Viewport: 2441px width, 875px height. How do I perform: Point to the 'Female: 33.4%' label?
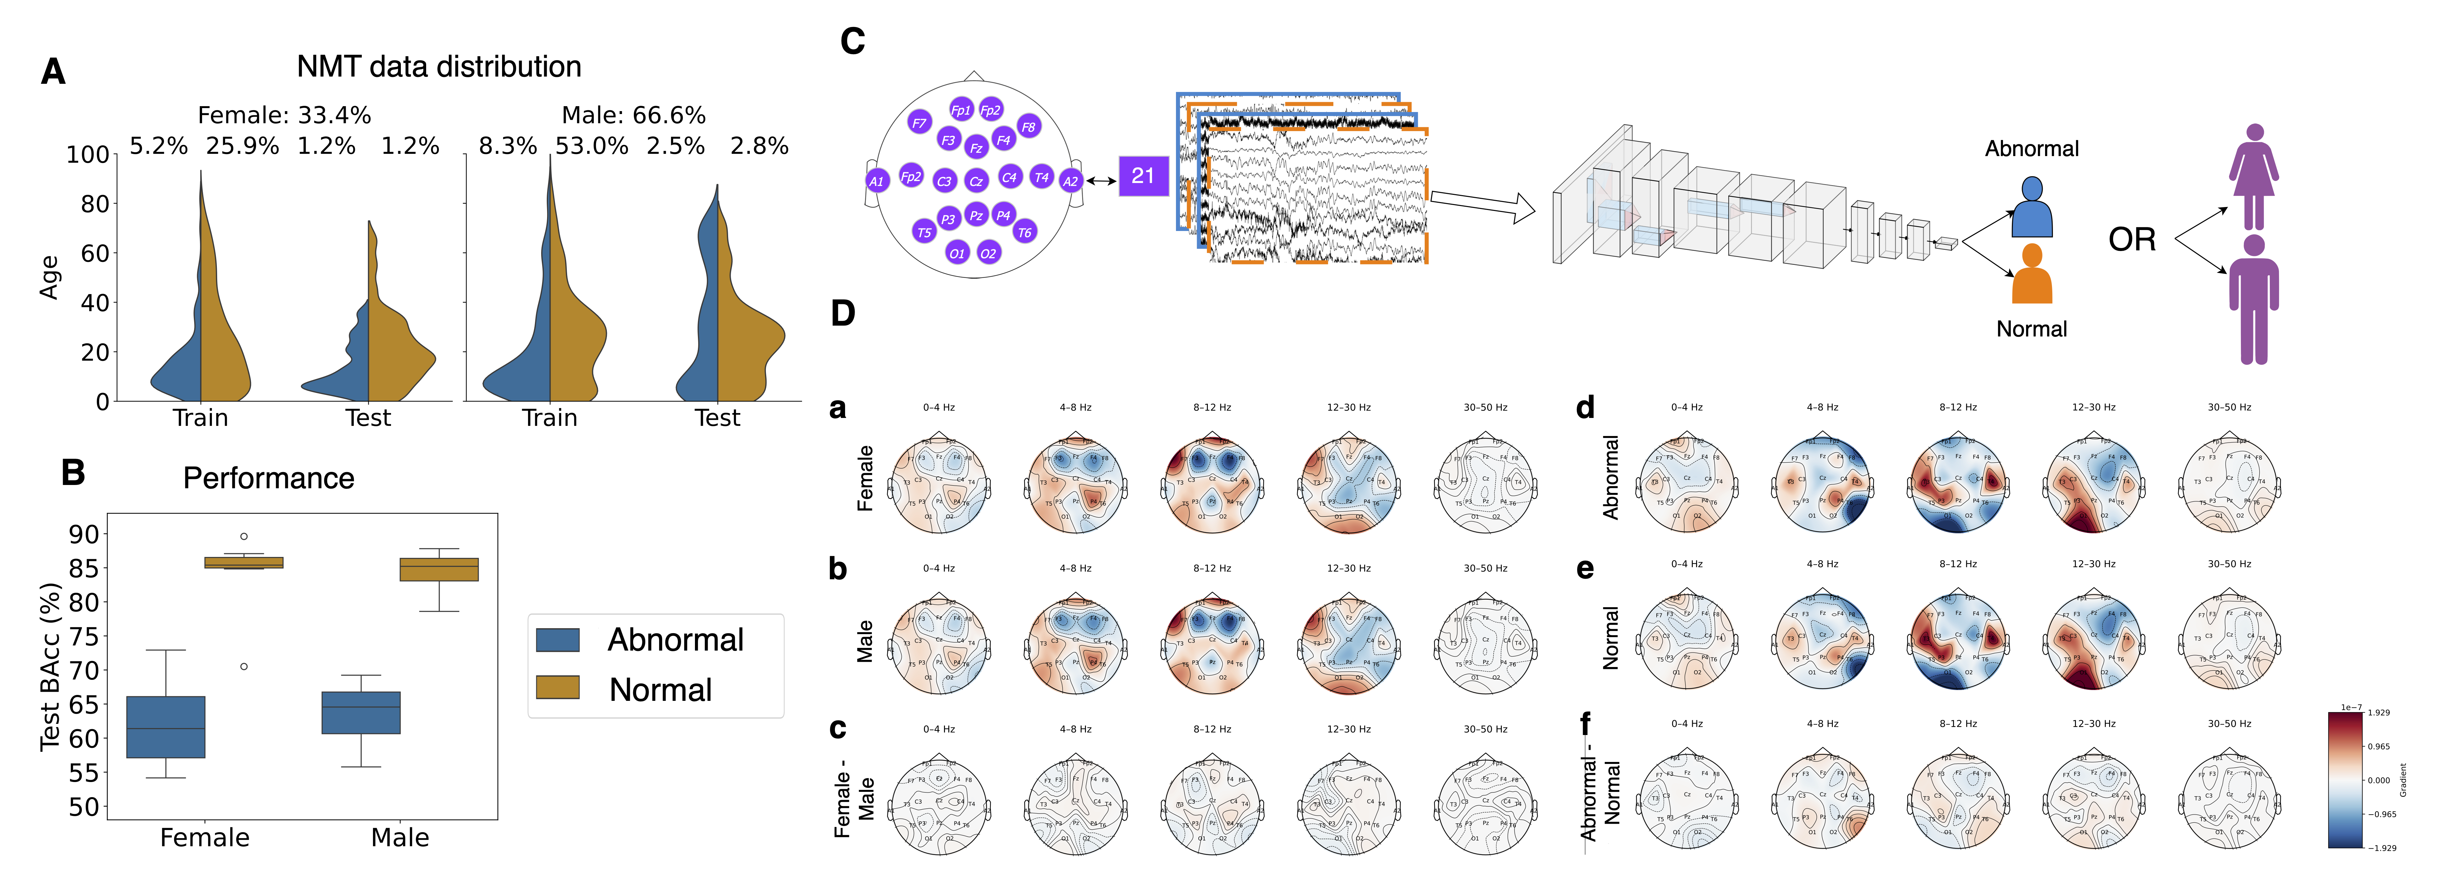tap(284, 116)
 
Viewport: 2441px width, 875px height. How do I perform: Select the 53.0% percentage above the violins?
tap(591, 146)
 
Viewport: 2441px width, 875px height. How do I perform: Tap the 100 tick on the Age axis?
tap(88, 154)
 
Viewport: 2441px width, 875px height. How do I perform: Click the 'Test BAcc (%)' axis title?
tap(50, 666)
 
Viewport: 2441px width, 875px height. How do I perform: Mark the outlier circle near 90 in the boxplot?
tap(244, 537)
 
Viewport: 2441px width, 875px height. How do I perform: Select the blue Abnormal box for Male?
tap(361, 713)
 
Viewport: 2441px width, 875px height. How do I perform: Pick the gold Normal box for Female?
tap(244, 562)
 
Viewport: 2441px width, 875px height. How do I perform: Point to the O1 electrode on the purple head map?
tap(957, 253)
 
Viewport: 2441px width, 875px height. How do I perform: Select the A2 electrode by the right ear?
tap(1070, 181)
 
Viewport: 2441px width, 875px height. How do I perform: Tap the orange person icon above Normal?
tap(2032, 275)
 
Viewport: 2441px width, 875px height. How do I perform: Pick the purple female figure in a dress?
tap(2253, 177)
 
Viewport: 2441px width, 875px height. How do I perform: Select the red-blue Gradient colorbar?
tap(2346, 779)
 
